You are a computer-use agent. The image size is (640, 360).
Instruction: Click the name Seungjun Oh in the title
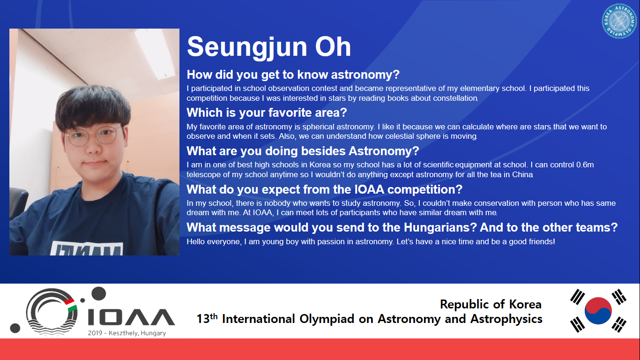(268, 47)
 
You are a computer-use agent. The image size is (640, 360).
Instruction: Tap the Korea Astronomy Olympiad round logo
(619, 21)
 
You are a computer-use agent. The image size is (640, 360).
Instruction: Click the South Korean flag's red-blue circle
(598, 311)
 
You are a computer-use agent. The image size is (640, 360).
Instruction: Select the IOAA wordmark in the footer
(131, 317)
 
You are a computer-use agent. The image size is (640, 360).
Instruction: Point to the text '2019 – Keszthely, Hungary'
(127, 333)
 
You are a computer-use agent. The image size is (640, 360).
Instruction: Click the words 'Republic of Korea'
(491, 304)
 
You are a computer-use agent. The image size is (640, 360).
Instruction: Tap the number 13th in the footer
(207, 319)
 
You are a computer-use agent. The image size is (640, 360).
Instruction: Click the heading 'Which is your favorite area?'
(267, 112)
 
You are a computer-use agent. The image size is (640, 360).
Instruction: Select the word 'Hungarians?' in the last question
(440, 228)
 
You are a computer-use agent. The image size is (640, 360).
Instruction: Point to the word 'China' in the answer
(522, 175)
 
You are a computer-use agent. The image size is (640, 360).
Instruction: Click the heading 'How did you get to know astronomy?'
(293, 75)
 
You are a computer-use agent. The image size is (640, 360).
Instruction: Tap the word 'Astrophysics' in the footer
(506, 319)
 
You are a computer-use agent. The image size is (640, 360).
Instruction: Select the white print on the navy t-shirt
(87, 248)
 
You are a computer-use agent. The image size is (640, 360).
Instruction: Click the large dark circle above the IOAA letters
(98, 293)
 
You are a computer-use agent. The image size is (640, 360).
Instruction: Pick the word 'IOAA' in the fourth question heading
(369, 189)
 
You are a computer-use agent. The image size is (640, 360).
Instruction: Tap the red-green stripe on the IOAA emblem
(70, 305)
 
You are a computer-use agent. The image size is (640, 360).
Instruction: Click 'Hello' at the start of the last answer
(196, 241)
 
